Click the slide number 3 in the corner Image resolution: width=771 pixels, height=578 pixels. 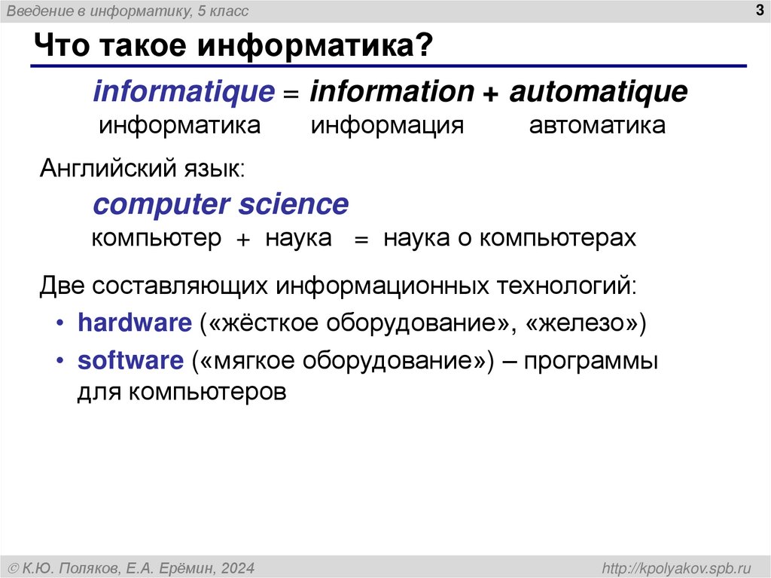[757, 11]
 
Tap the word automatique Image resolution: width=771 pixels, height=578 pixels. [598, 93]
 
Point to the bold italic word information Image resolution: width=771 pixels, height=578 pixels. [392, 93]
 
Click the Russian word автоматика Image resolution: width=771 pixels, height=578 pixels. [597, 125]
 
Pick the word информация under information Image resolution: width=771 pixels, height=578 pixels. [388, 125]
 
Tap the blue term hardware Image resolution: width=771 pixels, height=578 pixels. [136, 323]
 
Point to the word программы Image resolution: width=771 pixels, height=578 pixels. [592, 360]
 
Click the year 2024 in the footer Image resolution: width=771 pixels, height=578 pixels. [237, 567]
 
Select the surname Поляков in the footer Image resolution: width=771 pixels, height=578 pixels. [94, 567]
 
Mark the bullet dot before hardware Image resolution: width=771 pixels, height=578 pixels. [60, 324]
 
